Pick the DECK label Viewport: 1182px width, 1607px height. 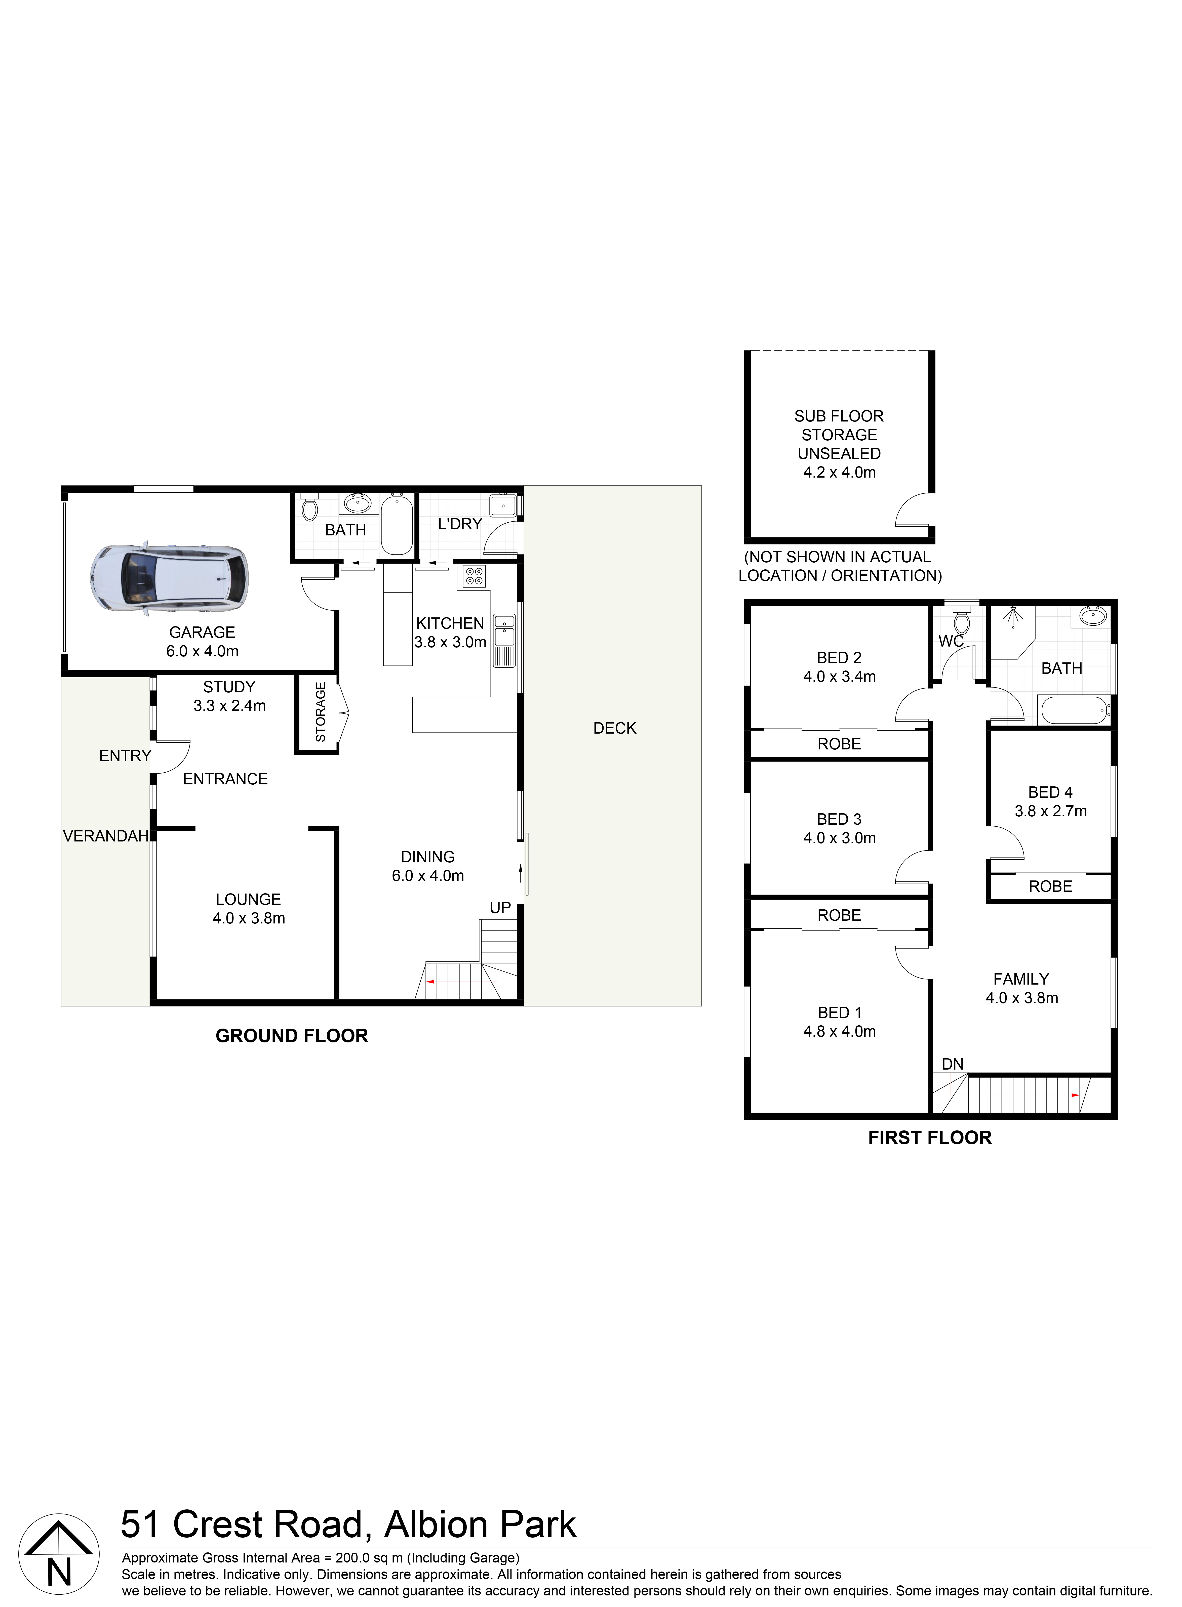click(x=615, y=728)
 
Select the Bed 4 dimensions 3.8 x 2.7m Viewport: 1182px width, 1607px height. click(x=1050, y=811)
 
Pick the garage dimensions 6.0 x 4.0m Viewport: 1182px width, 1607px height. click(x=203, y=651)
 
